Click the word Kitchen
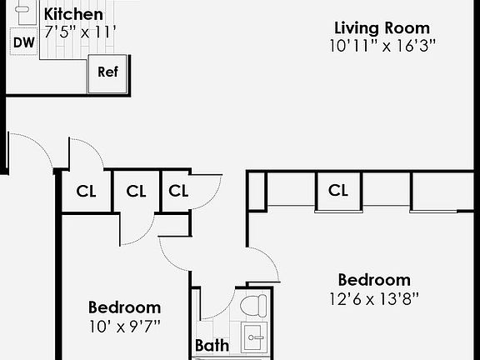pos(73,14)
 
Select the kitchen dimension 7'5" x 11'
pos(80,32)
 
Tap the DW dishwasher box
pos(24,42)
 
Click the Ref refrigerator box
pos(108,72)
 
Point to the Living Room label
pos(382,28)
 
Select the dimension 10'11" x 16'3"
pos(382,46)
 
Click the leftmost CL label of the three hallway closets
pos(86,191)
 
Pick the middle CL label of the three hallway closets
pos(136,191)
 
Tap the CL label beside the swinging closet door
pos(178,191)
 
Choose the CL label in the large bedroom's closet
pos(337,191)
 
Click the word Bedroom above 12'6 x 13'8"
pos(373,280)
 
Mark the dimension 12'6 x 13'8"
pos(373,297)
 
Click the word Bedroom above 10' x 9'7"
pos(124,307)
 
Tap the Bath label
pos(212,345)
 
